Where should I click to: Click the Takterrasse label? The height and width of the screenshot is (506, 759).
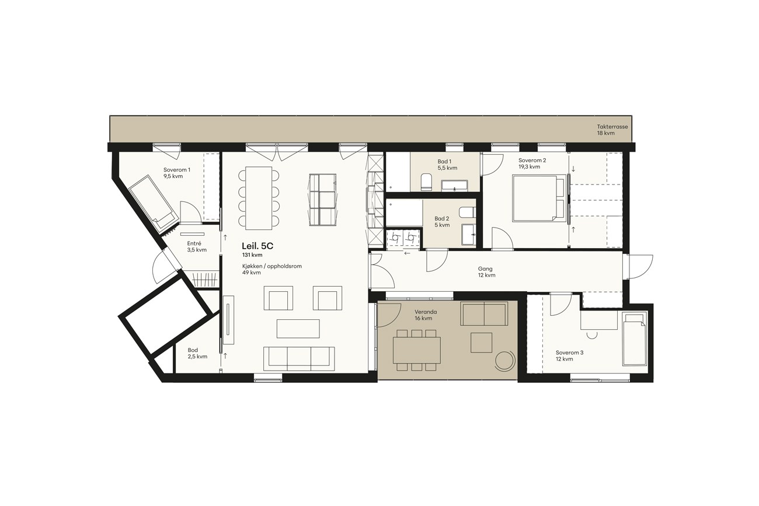tap(612, 130)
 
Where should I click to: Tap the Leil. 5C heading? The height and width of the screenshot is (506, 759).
tap(257, 246)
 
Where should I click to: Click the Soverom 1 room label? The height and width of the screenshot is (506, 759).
tap(176, 173)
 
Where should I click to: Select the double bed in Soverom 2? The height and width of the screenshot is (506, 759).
tap(539, 198)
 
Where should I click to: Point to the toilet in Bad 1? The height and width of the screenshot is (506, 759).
tap(426, 182)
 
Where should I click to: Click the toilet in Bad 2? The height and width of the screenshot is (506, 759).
tap(467, 212)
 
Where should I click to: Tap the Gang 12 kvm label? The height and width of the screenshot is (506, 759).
tap(486, 272)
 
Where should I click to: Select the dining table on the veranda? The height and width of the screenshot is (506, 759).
tap(417, 350)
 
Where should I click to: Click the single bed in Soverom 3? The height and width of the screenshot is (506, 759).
tap(634, 339)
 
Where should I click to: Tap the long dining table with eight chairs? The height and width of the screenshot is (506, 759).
tap(259, 198)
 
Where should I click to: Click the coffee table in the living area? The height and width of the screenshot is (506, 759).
tap(298, 329)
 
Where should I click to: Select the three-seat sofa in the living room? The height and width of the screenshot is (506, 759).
tap(299, 359)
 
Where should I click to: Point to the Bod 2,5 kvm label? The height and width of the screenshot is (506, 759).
tap(197, 353)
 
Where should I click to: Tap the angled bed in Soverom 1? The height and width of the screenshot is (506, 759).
tap(154, 202)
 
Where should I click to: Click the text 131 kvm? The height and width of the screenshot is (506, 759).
tap(252, 255)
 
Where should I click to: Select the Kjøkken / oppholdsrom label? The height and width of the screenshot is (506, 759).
tap(271, 266)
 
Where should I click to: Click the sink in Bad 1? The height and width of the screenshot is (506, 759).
tap(454, 186)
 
